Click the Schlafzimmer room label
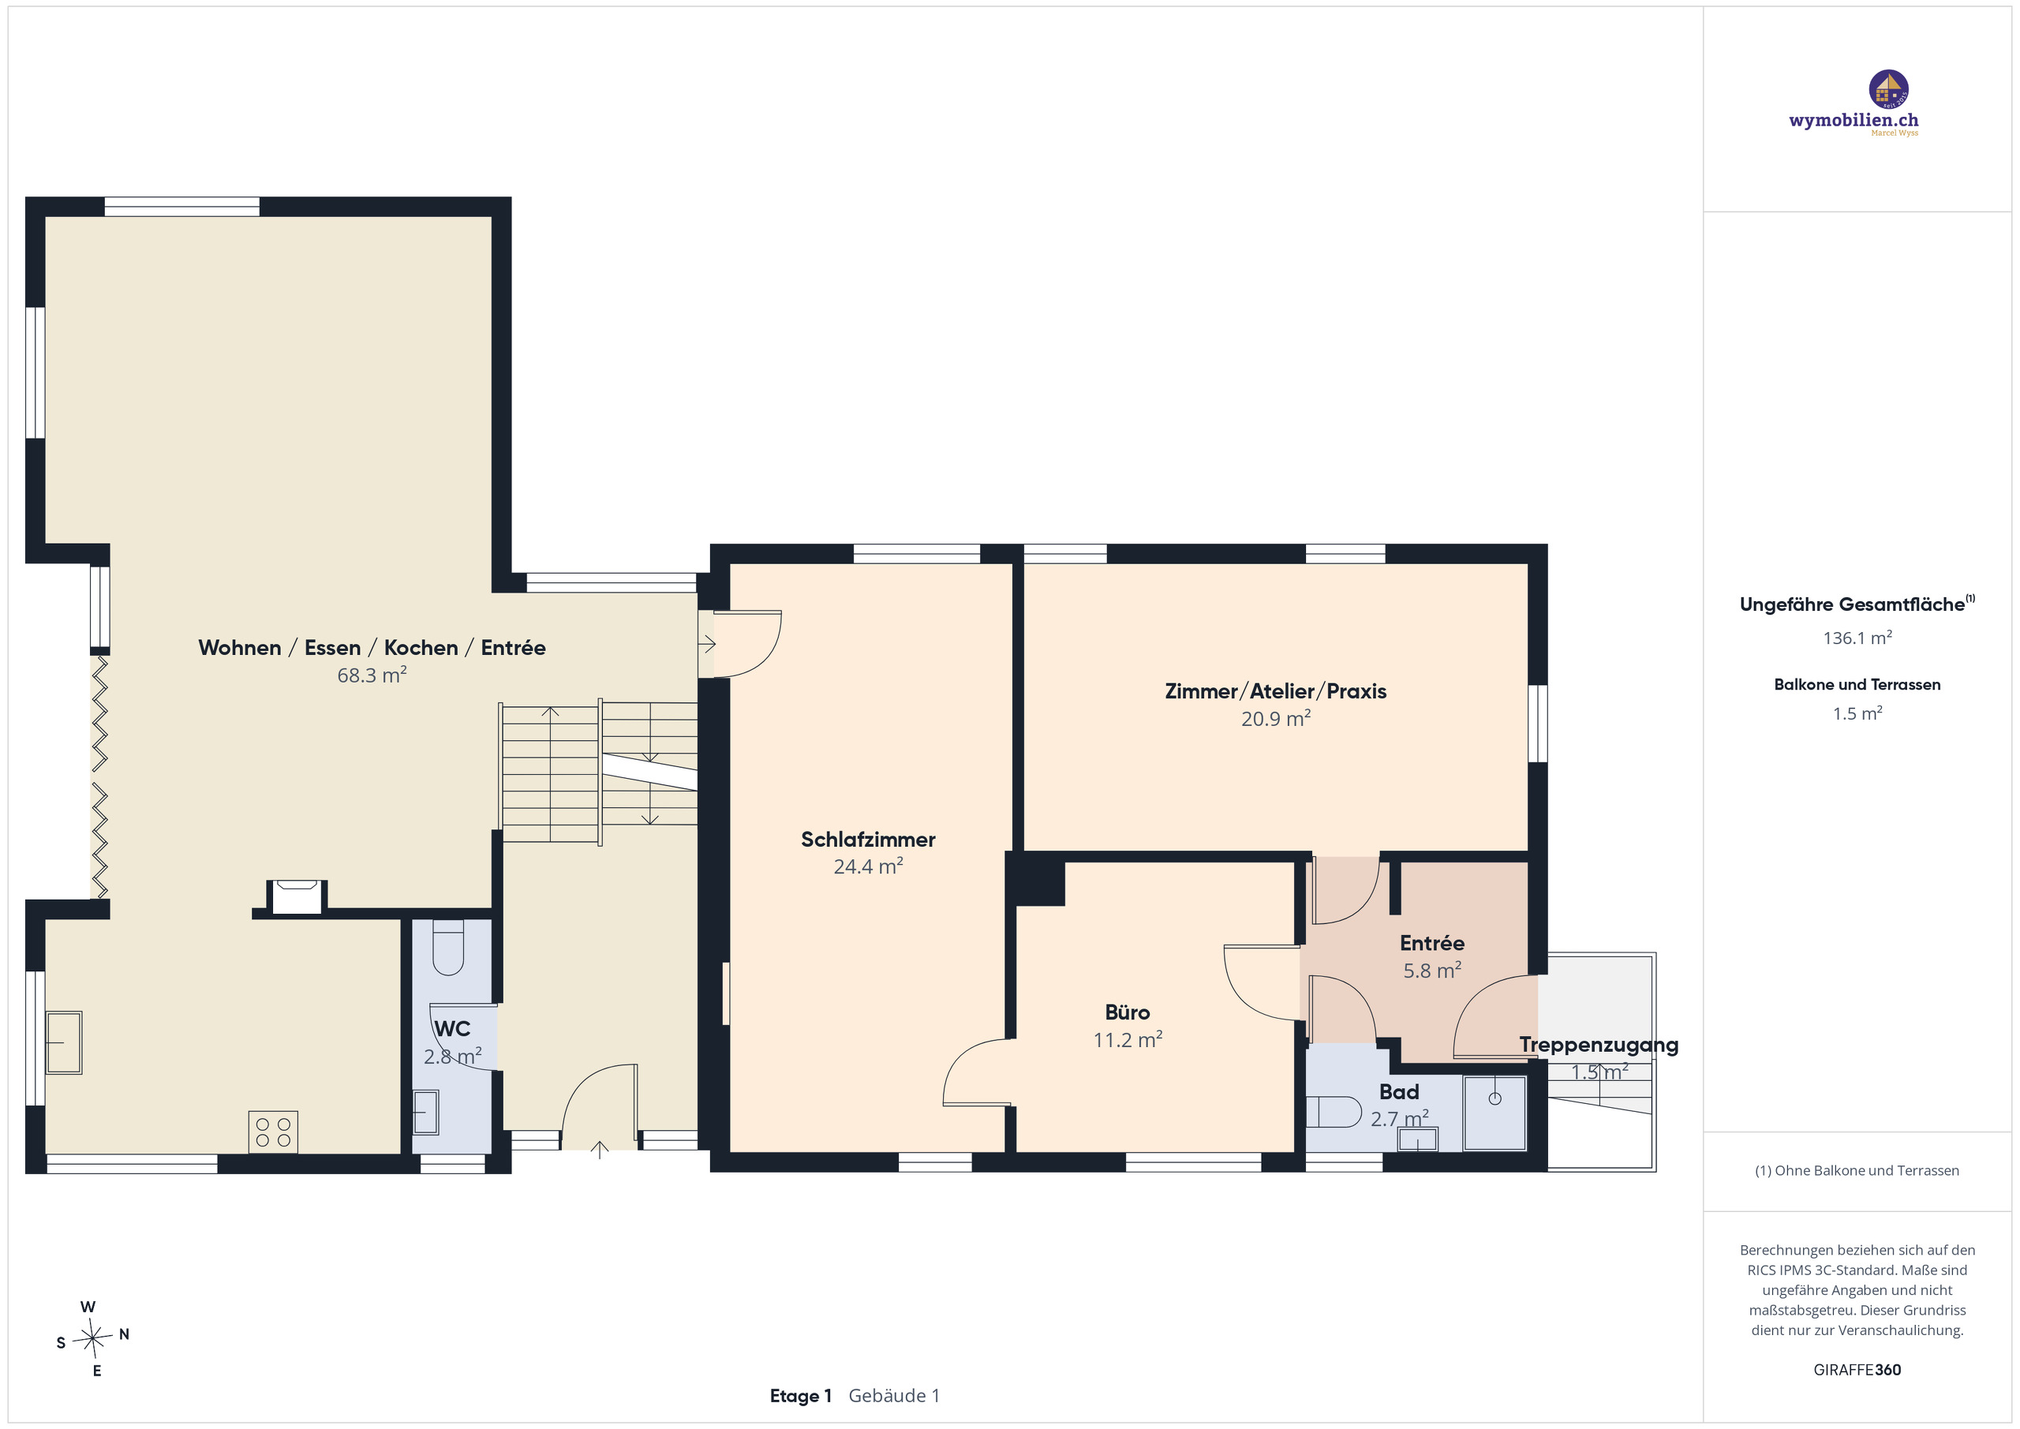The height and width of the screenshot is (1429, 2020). tap(867, 840)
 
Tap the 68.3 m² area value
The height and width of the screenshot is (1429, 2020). tap(372, 675)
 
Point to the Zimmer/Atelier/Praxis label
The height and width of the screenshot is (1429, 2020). tap(1276, 692)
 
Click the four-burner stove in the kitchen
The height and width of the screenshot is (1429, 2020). tap(273, 1132)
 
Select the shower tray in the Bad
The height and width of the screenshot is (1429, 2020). tap(1494, 1113)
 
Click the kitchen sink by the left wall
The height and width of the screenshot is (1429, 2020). tap(63, 1042)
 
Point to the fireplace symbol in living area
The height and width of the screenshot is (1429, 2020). tap(297, 896)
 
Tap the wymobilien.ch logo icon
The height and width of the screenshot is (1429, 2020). tap(1888, 90)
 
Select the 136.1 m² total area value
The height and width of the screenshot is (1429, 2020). tap(1857, 638)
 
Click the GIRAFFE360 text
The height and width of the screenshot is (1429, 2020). tap(1857, 1370)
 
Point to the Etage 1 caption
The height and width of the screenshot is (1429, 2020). tap(801, 1396)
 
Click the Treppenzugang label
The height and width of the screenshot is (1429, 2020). tap(1599, 1046)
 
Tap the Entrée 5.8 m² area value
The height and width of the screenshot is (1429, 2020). tap(1432, 971)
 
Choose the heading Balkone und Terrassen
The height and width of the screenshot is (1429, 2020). tap(1857, 685)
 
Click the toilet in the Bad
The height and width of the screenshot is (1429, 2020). tap(1333, 1111)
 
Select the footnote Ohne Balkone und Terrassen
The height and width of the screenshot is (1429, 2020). tap(1857, 1170)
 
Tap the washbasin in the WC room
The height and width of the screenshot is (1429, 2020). tap(426, 1113)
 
